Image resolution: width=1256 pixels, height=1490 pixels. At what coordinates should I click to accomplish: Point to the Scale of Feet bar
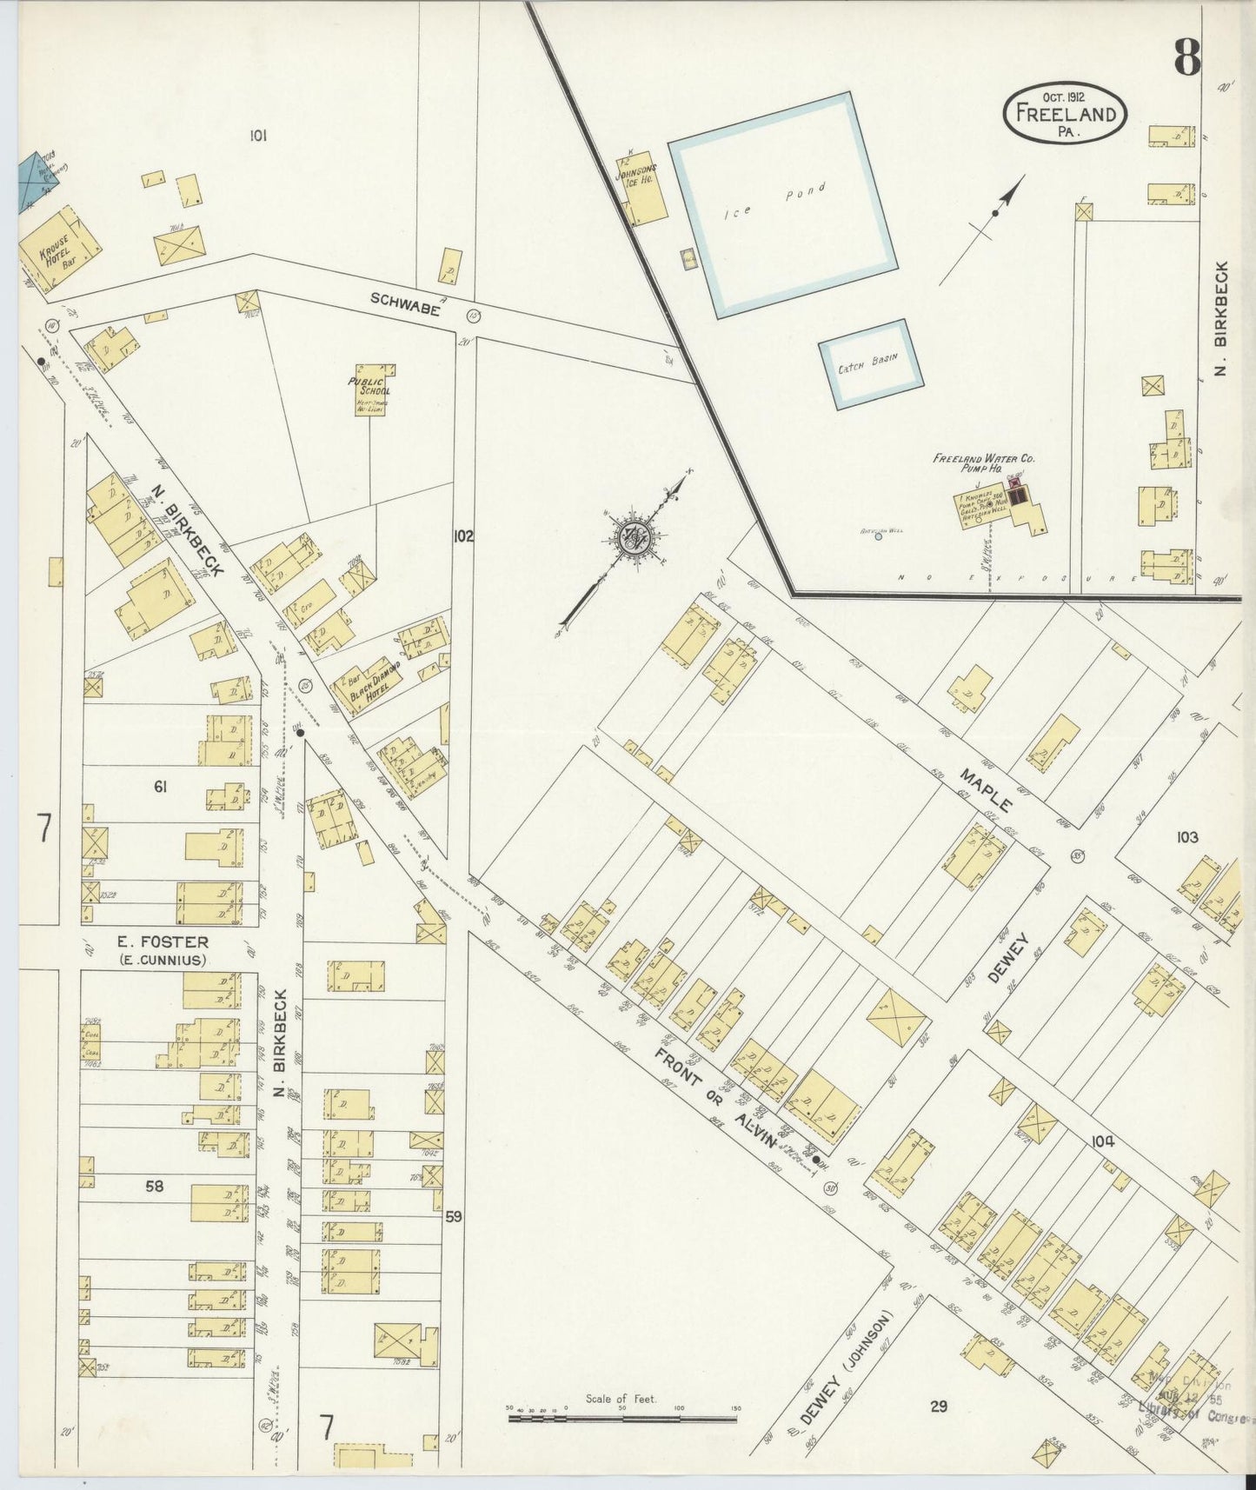[x=622, y=1419]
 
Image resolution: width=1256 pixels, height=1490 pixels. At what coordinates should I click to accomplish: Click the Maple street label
[x=987, y=789]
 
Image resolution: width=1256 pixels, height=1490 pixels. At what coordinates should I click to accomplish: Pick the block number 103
[x=1186, y=837]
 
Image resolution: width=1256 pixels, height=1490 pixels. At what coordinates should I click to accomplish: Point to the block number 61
[x=160, y=788]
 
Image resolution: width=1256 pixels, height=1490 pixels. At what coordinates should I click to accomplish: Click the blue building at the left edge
[x=36, y=181]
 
